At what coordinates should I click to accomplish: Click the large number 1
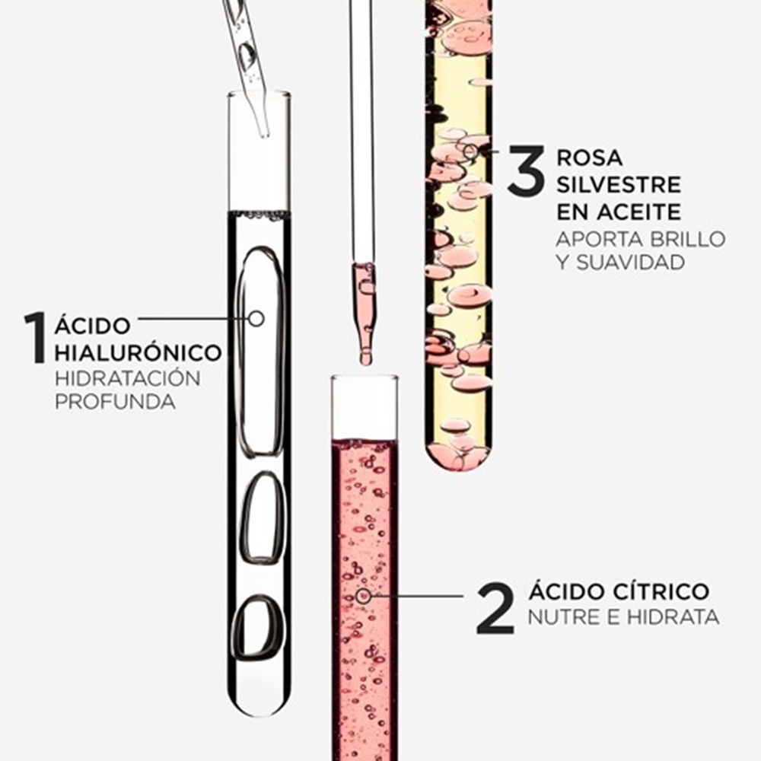pos(36,338)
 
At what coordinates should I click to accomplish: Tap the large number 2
pos(495,608)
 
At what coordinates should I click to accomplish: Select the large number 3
pos(527,170)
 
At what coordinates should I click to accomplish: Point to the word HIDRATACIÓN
pos(128,377)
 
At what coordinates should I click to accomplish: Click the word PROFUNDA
pos(116,402)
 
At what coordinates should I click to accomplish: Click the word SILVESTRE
pos(619,185)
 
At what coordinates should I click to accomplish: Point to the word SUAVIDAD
pos(631,263)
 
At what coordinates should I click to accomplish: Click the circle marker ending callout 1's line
pos(256,318)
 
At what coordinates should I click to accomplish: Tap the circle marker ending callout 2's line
pos(363,596)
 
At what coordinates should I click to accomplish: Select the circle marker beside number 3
pos(470,151)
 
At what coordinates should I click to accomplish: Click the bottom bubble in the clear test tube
pos(258,628)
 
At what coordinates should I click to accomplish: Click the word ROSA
pos(590,158)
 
